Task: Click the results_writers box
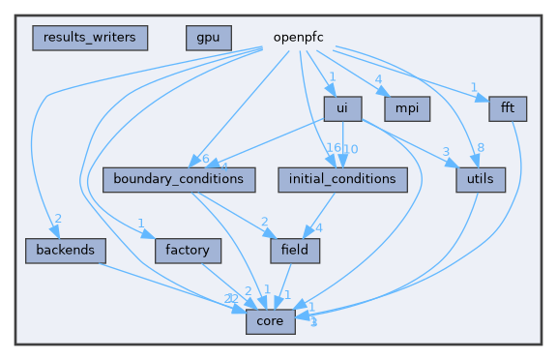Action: coord(90,38)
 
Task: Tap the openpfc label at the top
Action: coord(297,38)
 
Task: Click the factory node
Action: coord(188,250)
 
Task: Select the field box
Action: coord(295,250)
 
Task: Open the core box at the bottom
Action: coord(270,320)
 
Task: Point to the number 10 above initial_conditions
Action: coord(352,148)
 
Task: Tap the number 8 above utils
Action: coord(480,148)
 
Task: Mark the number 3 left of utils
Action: coord(446,152)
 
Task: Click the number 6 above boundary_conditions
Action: coord(205,158)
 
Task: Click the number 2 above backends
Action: coord(58,218)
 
